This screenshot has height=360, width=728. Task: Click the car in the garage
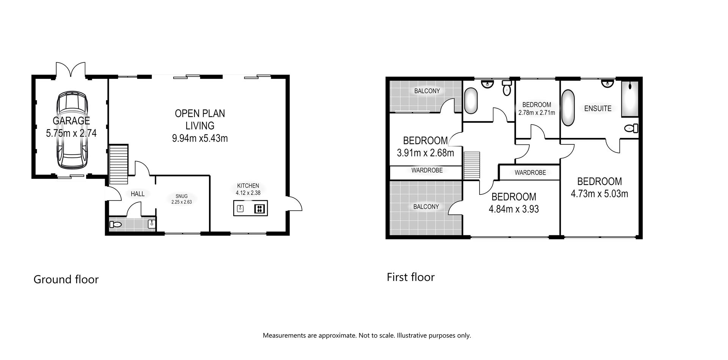click(72, 131)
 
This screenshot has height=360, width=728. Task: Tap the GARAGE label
click(71, 121)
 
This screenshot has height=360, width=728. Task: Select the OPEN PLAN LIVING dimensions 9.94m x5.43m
click(200, 138)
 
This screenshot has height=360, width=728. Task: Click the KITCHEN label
click(248, 186)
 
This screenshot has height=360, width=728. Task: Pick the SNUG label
click(181, 196)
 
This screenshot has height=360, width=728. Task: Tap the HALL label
click(137, 194)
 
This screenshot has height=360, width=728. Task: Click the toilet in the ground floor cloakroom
click(115, 225)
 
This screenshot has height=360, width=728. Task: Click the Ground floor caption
click(66, 280)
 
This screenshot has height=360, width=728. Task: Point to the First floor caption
click(411, 277)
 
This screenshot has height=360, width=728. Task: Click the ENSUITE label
click(598, 109)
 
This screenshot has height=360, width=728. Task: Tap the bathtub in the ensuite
click(568, 108)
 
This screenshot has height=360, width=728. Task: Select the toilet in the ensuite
click(631, 128)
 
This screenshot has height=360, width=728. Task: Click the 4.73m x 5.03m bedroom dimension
click(599, 194)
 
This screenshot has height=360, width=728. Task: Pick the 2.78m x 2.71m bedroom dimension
click(537, 113)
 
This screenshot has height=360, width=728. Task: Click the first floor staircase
click(472, 165)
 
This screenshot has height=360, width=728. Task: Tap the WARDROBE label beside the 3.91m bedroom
click(427, 171)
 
